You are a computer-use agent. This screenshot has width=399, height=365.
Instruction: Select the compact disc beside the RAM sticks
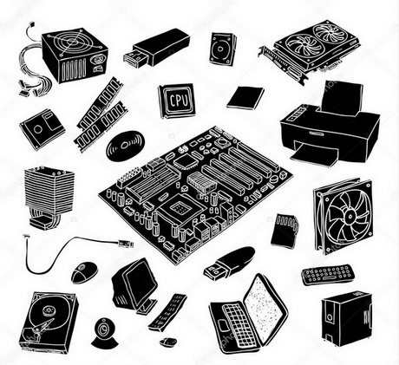click(125, 146)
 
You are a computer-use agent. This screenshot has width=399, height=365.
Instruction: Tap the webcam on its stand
click(105, 333)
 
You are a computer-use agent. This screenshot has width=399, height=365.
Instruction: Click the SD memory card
click(285, 231)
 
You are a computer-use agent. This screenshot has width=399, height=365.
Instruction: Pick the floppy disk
click(43, 129)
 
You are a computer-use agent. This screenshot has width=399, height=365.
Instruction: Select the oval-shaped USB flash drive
click(229, 263)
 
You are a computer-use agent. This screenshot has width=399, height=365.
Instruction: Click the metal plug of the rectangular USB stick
click(135, 59)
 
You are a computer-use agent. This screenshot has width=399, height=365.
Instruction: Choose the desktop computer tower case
click(346, 318)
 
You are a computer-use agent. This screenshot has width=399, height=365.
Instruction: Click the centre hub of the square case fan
click(350, 215)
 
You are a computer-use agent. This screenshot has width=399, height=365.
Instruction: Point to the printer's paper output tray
click(315, 155)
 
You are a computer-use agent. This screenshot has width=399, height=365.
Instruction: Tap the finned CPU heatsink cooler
click(49, 198)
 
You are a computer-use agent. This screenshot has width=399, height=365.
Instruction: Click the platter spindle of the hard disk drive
click(48, 311)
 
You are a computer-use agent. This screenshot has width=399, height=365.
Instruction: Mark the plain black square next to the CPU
click(245, 98)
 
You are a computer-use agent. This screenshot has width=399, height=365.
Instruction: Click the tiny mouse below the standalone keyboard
click(167, 342)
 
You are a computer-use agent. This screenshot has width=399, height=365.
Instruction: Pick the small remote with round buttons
click(327, 275)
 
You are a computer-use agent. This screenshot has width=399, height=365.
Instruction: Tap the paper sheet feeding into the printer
click(342, 99)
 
